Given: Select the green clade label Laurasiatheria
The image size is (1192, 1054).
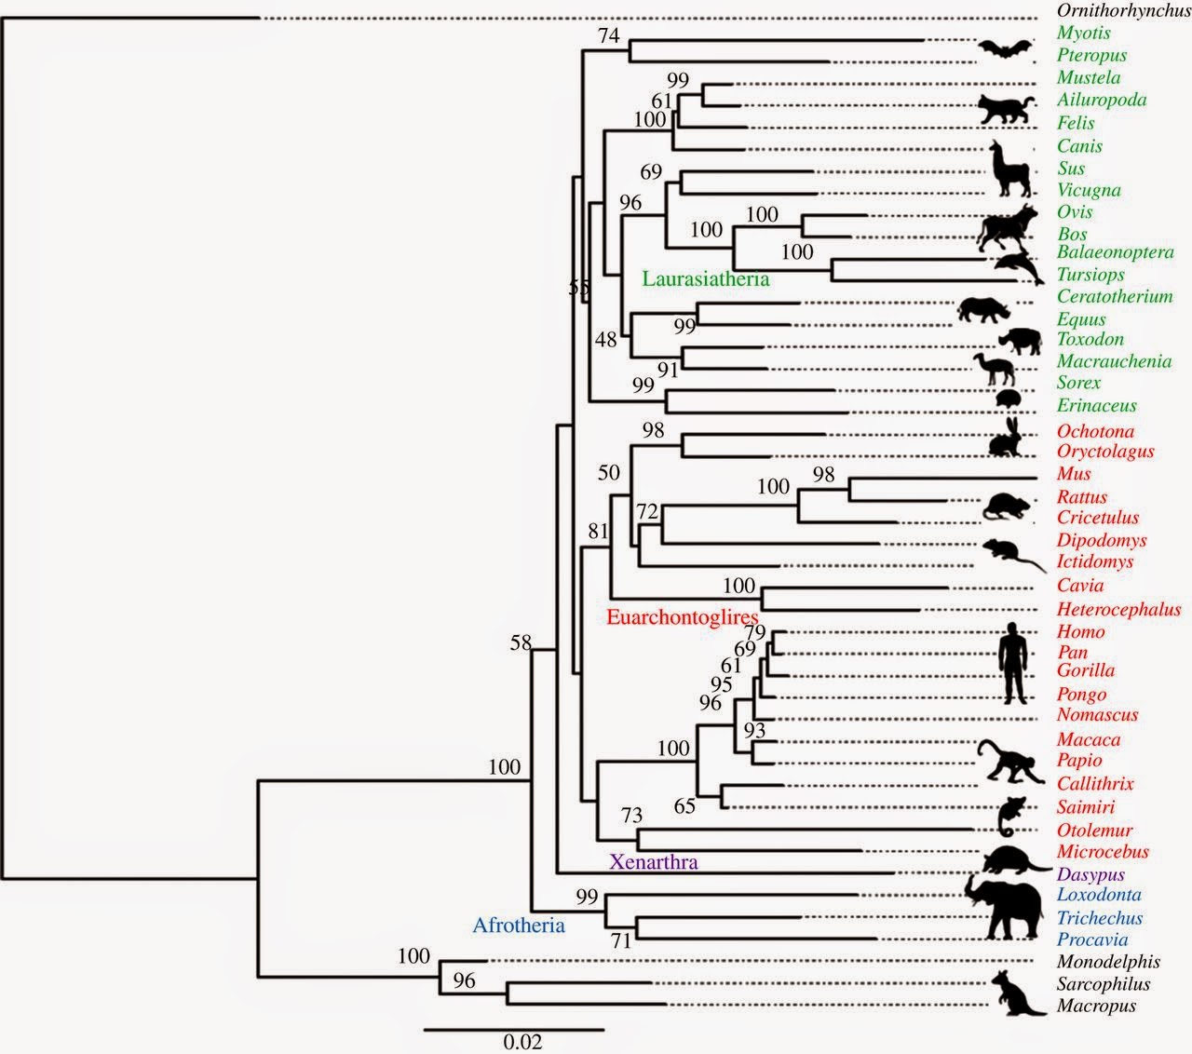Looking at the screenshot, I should pyautogui.click(x=705, y=278).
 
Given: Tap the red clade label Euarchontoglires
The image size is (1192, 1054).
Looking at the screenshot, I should pyautogui.click(x=683, y=616).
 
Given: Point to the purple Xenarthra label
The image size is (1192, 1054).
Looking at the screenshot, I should pyautogui.click(x=653, y=861).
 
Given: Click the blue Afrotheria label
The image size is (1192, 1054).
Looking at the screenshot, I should pyautogui.click(x=519, y=925).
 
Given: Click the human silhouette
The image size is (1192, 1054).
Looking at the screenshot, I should pyautogui.click(x=1013, y=666).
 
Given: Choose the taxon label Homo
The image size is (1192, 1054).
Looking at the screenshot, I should pyautogui.click(x=1080, y=631).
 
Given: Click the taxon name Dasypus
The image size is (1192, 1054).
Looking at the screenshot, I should pyautogui.click(x=1090, y=875).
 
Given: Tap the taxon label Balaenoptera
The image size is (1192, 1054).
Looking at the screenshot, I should pyautogui.click(x=1115, y=252).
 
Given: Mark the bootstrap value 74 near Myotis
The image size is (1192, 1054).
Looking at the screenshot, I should pyautogui.click(x=609, y=35).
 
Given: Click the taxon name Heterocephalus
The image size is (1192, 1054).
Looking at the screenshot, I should pyautogui.click(x=1118, y=610).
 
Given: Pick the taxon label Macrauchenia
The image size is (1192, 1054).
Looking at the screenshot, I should pyautogui.click(x=1114, y=361).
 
